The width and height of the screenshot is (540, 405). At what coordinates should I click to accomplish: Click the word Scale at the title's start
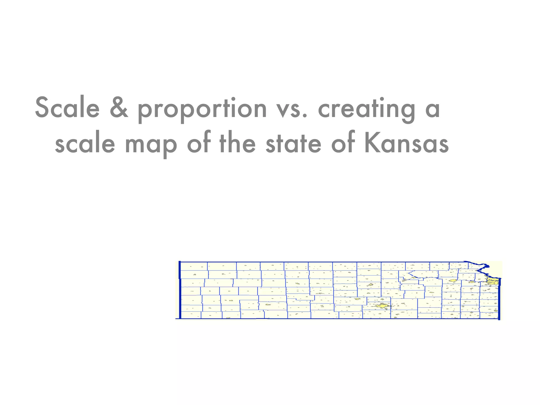point(67,108)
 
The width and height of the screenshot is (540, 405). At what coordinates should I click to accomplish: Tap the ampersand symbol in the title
point(119,108)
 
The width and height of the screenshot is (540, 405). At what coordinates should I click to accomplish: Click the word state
point(293,144)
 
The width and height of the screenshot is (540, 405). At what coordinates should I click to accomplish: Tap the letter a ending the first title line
point(432,109)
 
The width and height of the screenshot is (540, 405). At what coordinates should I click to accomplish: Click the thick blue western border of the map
point(180,290)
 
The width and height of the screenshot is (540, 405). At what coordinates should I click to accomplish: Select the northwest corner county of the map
point(194,266)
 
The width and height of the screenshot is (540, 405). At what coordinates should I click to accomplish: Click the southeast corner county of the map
point(489,315)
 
